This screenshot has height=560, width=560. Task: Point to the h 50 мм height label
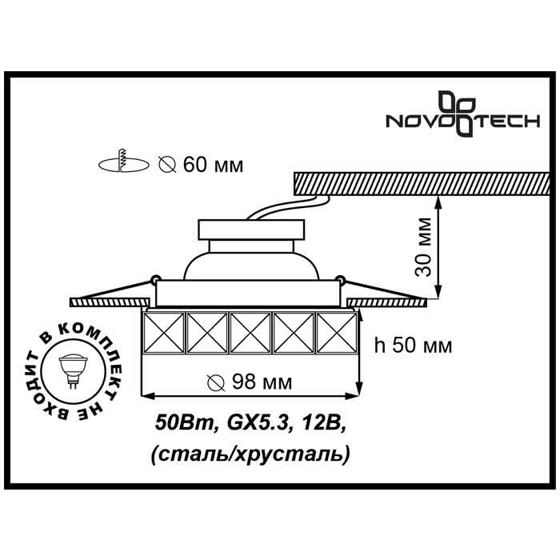click(413, 346)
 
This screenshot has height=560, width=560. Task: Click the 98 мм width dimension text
click(248, 382)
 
